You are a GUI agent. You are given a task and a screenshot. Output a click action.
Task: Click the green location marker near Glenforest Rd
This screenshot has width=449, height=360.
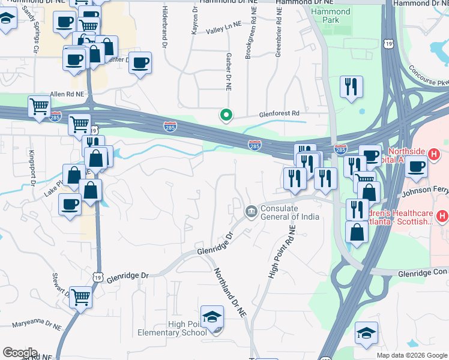click(x=226, y=114)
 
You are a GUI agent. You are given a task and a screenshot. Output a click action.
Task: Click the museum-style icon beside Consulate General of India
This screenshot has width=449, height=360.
click(x=250, y=212)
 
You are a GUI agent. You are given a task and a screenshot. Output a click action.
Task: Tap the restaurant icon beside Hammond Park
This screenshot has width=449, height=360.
click(x=350, y=86)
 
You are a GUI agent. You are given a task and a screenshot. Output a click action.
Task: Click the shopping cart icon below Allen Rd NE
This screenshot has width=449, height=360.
click(x=39, y=107)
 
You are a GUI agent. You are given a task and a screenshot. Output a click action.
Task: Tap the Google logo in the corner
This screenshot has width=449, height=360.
click(x=20, y=353)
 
